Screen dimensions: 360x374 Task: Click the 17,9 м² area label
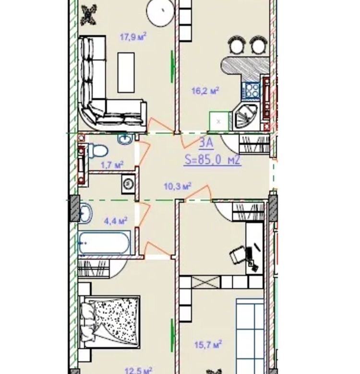point(133,37)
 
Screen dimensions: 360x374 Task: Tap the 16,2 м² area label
point(205,91)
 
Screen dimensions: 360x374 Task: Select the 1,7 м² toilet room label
point(112,165)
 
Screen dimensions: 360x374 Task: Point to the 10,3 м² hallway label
point(178,186)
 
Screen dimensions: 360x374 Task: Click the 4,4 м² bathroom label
point(116,221)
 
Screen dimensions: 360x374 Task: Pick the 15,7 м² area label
point(208,344)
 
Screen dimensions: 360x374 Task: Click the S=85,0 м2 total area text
point(213,160)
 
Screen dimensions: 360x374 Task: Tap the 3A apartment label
point(206,143)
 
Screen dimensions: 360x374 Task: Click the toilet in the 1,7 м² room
point(98,151)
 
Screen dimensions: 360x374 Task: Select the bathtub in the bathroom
point(105,243)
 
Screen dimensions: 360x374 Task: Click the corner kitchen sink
point(246,116)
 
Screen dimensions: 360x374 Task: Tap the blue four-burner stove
point(251,90)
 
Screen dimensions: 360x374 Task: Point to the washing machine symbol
point(128,184)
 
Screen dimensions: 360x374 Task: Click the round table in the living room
point(161,12)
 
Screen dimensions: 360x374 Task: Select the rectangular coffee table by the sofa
point(126,72)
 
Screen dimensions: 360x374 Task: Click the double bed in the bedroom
point(109,322)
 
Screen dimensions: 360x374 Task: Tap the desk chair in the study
point(238,255)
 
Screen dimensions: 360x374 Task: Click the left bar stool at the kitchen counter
point(236,45)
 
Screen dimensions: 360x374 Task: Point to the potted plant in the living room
point(89,15)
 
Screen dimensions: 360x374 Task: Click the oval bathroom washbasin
point(85,213)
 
